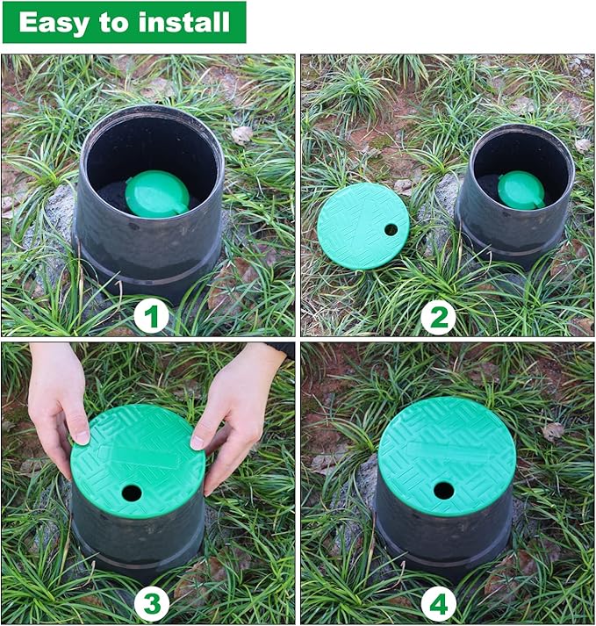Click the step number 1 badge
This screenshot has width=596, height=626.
tap(150, 315)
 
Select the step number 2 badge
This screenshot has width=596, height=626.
tap(437, 315)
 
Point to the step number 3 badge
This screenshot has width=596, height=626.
tap(150, 604)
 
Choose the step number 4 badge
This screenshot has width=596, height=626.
tap(437, 604)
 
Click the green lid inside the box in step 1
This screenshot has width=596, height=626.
tap(156, 193)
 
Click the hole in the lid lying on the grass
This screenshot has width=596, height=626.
tap(391, 229)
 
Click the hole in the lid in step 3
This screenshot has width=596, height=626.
tap(131, 493)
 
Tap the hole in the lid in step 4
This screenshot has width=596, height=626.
tap(444, 490)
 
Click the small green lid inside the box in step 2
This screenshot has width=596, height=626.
tap(521, 190)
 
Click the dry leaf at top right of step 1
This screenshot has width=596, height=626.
tap(241, 134)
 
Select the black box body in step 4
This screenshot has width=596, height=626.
tap(443, 540)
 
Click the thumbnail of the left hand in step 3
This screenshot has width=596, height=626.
tap(81, 436)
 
